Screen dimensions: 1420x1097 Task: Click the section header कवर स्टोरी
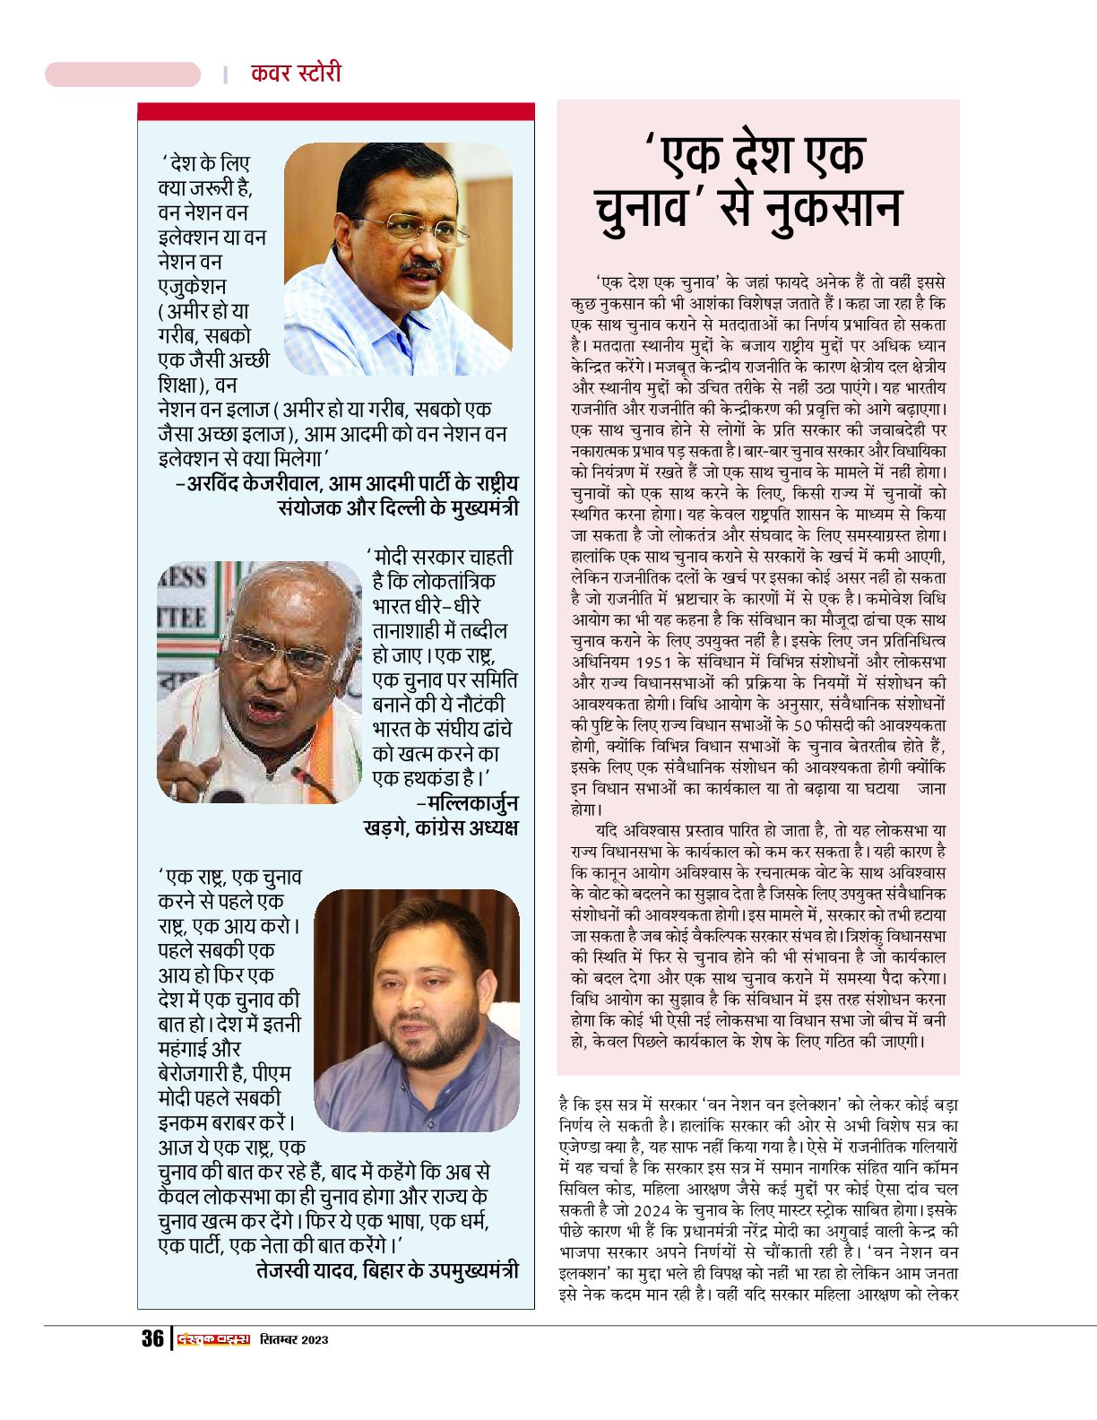click(296, 73)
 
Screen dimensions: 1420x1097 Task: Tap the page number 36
click(152, 1338)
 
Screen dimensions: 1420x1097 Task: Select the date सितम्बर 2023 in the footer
click(295, 1339)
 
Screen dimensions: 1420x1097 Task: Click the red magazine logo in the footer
click(213, 1339)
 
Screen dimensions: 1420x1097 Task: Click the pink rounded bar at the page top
click(123, 74)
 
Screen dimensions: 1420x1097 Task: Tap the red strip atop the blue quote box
click(335, 111)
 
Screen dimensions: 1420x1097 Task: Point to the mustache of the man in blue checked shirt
click(419, 266)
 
